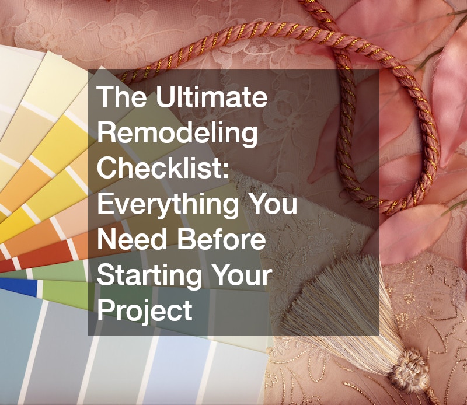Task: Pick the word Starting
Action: click(x=149, y=276)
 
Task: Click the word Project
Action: click(x=144, y=311)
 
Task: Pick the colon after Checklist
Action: click(x=226, y=171)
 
